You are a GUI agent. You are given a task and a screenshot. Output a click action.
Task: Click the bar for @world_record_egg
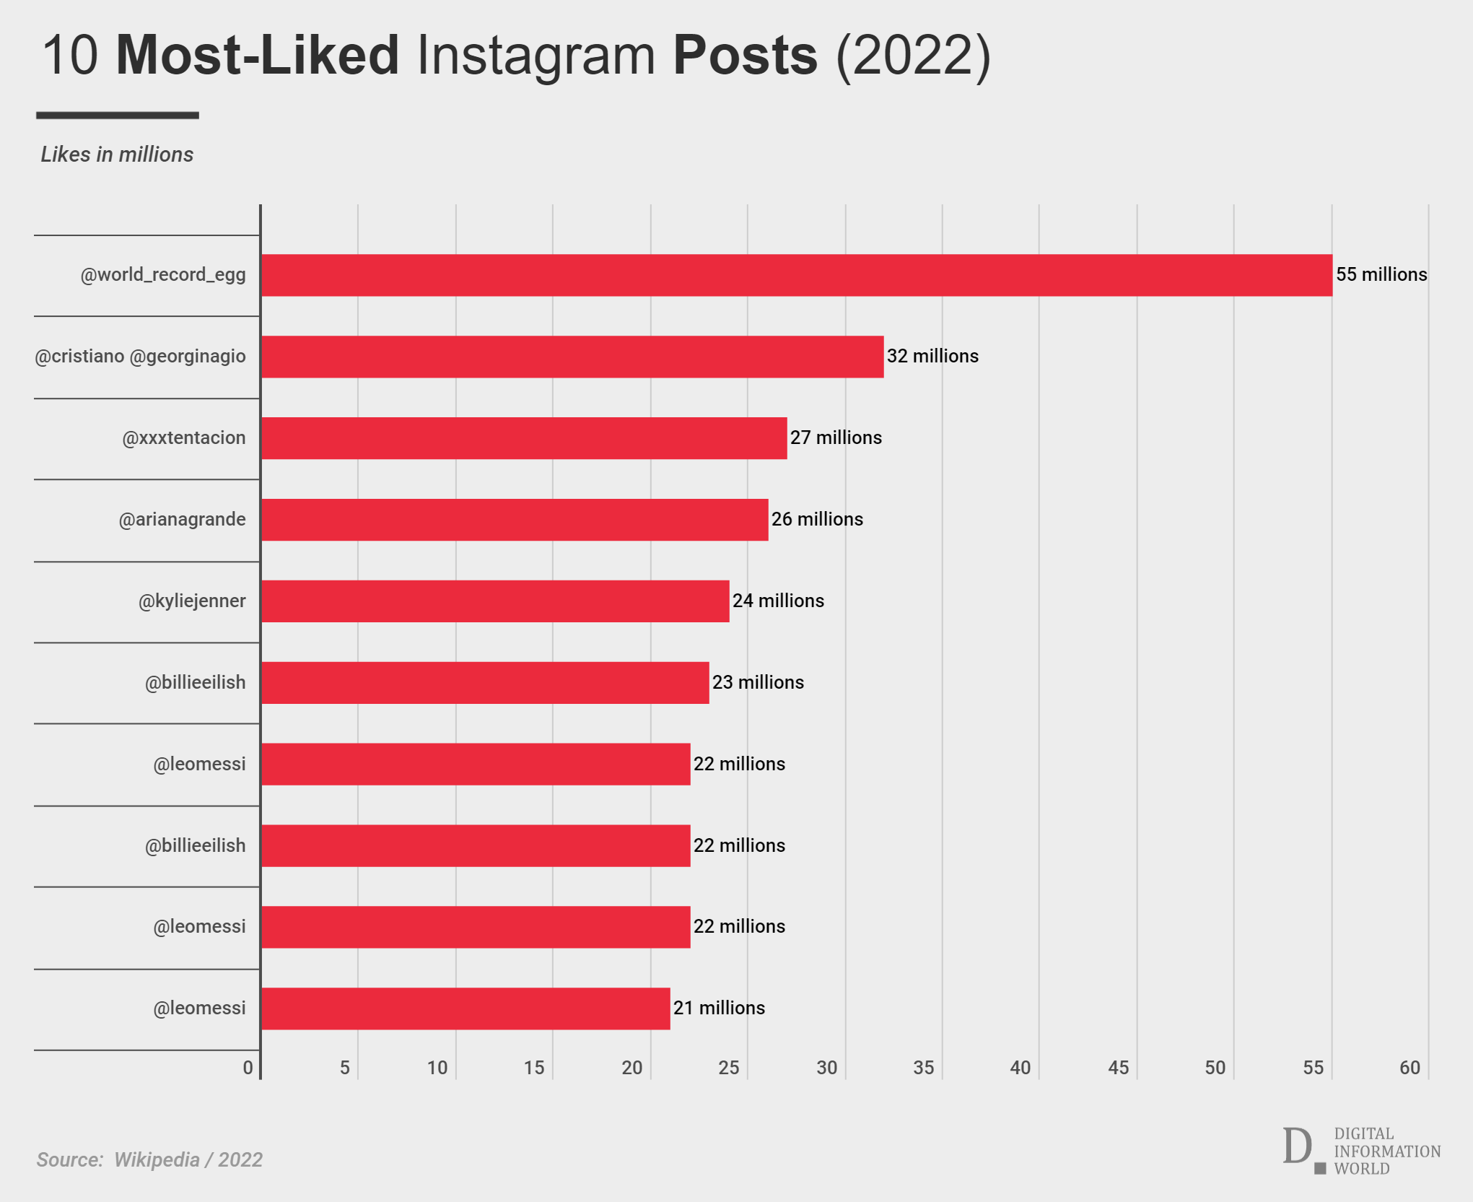(796, 275)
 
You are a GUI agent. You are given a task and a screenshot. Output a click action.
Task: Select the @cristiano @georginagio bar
(572, 357)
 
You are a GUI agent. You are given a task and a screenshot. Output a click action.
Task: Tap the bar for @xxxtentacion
(524, 438)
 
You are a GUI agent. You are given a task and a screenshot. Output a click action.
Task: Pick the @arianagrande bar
(515, 520)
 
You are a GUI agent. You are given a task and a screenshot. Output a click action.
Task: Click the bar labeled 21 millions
(465, 1009)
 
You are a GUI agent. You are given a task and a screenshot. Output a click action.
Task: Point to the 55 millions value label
(1381, 275)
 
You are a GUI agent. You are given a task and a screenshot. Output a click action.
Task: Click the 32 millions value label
(932, 357)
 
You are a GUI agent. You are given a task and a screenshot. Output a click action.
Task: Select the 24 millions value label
(778, 601)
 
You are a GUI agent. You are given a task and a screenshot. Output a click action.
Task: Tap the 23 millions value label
(758, 683)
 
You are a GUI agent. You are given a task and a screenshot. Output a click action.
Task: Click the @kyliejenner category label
(192, 601)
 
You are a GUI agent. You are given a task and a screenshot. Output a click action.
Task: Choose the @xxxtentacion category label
(184, 438)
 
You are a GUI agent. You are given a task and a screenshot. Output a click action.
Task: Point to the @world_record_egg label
(163, 275)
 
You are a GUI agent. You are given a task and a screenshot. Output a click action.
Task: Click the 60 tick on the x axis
(1409, 1068)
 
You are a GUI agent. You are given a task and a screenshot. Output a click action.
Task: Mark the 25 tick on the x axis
(729, 1068)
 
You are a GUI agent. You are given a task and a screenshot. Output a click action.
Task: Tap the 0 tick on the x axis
(248, 1068)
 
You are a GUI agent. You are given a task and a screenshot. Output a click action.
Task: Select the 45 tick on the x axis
(1118, 1068)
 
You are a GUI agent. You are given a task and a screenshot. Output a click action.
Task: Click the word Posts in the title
(745, 56)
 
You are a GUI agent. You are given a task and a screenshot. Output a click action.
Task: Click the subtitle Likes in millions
(117, 154)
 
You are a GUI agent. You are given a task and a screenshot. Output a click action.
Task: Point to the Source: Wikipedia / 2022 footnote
(149, 1159)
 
